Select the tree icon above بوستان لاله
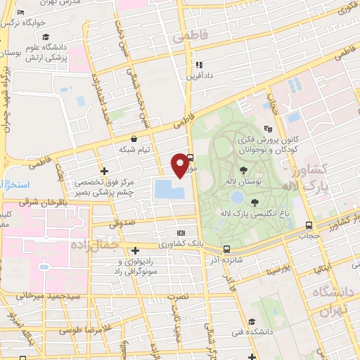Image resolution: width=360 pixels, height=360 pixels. pos(243,169)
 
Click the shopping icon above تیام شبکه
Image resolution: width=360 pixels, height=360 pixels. pos(134,139)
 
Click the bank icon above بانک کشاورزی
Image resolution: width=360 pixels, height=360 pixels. pos(181,233)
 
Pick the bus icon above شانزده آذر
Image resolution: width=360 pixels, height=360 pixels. pos(226,249)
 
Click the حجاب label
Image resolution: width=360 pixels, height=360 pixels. pos(309,236)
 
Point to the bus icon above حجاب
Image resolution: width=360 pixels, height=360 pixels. pos(309,226)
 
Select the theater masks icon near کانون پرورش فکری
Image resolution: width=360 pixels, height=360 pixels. pos(267,129)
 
